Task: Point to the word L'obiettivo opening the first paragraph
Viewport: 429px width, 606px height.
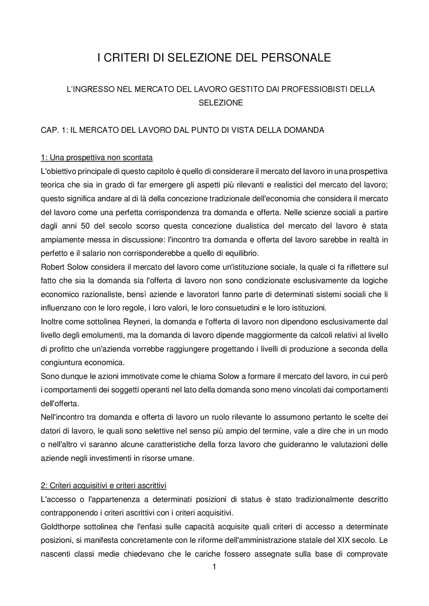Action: click(59, 172)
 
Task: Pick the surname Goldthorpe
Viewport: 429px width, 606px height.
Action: click(60, 527)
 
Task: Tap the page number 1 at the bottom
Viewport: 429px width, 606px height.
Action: click(214, 567)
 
